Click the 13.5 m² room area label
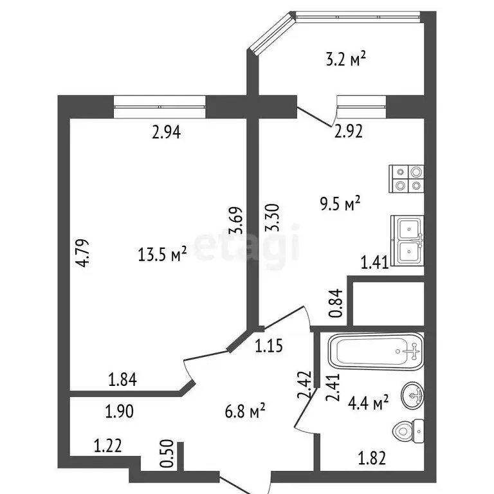point(162,254)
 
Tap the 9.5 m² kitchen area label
point(340,203)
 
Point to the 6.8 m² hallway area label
point(245,410)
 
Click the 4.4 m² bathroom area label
point(368,402)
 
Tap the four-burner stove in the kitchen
point(407,179)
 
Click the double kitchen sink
point(407,241)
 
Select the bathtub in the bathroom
point(376,351)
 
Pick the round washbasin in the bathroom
point(412,394)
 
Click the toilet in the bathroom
point(408,431)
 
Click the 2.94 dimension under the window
point(167,132)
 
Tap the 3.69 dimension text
point(237,220)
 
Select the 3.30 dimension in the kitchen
point(273,217)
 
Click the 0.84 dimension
point(336,303)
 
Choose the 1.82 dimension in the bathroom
point(372,458)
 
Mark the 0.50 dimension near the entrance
point(167,453)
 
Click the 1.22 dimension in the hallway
point(108,446)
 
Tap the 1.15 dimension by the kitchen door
point(269,345)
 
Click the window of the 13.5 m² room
point(160,107)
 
